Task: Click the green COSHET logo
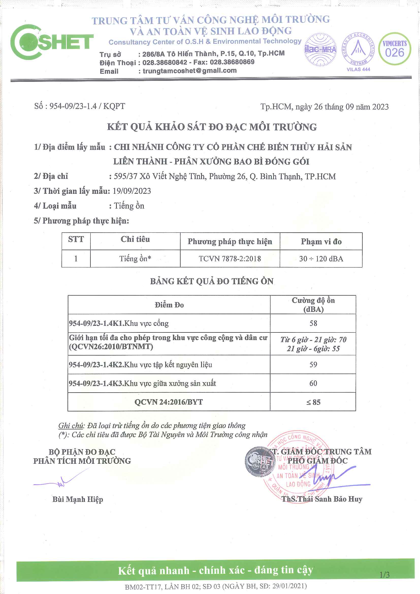point(52,42)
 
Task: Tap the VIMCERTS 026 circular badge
point(394,49)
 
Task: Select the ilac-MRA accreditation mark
point(320,50)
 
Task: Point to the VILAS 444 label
point(358,69)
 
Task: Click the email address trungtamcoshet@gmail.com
point(190,71)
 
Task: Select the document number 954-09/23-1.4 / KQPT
point(80,106)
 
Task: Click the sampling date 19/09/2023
point(132,191)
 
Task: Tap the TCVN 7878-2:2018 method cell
point(230,259)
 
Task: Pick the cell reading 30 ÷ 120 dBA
point(321,259)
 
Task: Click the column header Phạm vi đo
point(321,241)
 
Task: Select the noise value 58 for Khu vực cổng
point(313,323)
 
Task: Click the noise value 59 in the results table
point(313,364)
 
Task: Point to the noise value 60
point(313,383)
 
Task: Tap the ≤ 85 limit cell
point(313,402)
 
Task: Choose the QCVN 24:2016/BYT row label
point(169,402)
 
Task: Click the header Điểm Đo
point(169,305)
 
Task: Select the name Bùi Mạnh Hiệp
point(78,499)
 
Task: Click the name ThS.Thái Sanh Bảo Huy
point(322,499)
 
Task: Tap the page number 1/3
point(384,575)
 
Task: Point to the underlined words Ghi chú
point(71,426)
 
